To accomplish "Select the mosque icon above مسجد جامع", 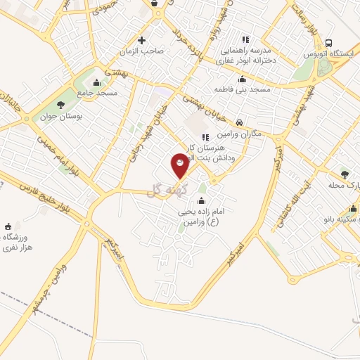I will tap(96, 82).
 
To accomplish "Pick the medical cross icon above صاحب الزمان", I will tap(143, 39).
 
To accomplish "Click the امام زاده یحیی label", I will tap(210, 212).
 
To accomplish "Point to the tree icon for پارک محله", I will tap(345, 174).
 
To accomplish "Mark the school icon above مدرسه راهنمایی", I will tap(245, 39).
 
